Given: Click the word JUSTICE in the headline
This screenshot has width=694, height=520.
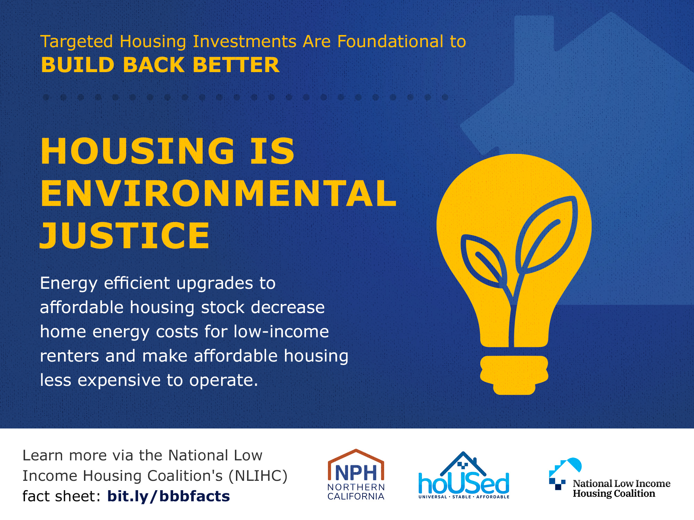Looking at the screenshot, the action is (x=125, y=236).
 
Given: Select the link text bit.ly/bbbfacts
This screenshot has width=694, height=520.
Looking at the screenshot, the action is (x=169, y=496).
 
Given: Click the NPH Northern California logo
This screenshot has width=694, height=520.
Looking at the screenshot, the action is (x=356, y=475).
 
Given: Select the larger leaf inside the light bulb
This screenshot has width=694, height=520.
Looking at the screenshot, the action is (x=546, y=236).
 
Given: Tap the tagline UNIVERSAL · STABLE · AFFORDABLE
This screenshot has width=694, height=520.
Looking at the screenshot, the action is (x=464, y=497).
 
